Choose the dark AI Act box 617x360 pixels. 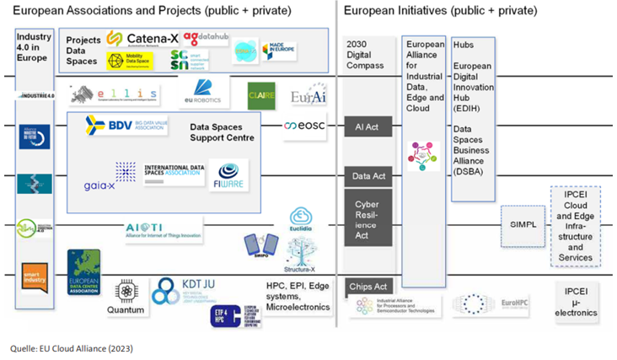(368, 126)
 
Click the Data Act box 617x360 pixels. (368, 175)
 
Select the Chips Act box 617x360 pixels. (368, 287)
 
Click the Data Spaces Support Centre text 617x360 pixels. (223, 132)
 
